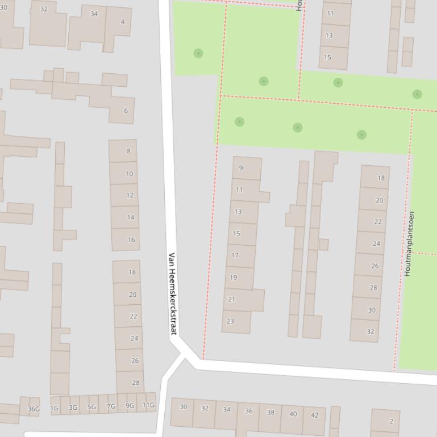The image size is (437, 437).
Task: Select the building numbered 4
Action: [x=122, y=23]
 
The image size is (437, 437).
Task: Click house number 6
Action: [x=126, y=111]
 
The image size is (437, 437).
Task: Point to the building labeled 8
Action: [x=128, y=151]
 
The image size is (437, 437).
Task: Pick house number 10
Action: [x=129, y=174]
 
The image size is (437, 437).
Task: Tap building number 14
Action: [x=130, y=217]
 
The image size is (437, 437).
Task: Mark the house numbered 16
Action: [x=131, y=239]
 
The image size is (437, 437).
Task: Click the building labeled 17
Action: [x=235, y=255]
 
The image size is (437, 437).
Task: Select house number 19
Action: [x=233, y=278]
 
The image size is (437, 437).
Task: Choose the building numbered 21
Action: [x=231, y=299]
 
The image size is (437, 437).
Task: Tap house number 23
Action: [x=230, y=321]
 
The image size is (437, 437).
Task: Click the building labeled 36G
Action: [x=34, y=409]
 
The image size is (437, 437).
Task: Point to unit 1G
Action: [x=55, y=407]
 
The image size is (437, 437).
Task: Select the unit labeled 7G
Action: [x=111, y=406]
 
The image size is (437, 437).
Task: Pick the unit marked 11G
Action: [x=148, y=405]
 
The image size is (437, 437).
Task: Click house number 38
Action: [x=270, y=413]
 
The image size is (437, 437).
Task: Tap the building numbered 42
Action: [x=314, y=415]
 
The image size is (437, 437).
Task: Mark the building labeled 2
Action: [x=391, y=421]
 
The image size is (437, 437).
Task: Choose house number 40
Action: [x=293, y=414]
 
